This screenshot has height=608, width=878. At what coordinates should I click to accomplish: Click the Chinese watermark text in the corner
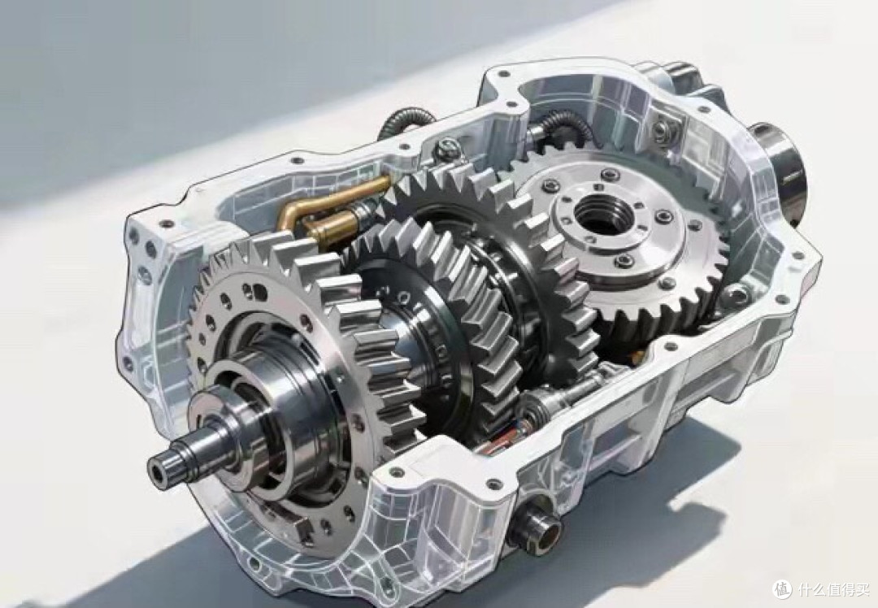tap(832, 589)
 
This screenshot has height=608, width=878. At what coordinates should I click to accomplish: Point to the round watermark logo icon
tap(783, 589)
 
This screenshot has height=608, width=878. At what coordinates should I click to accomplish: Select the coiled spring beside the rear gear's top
tap(563, 127)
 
